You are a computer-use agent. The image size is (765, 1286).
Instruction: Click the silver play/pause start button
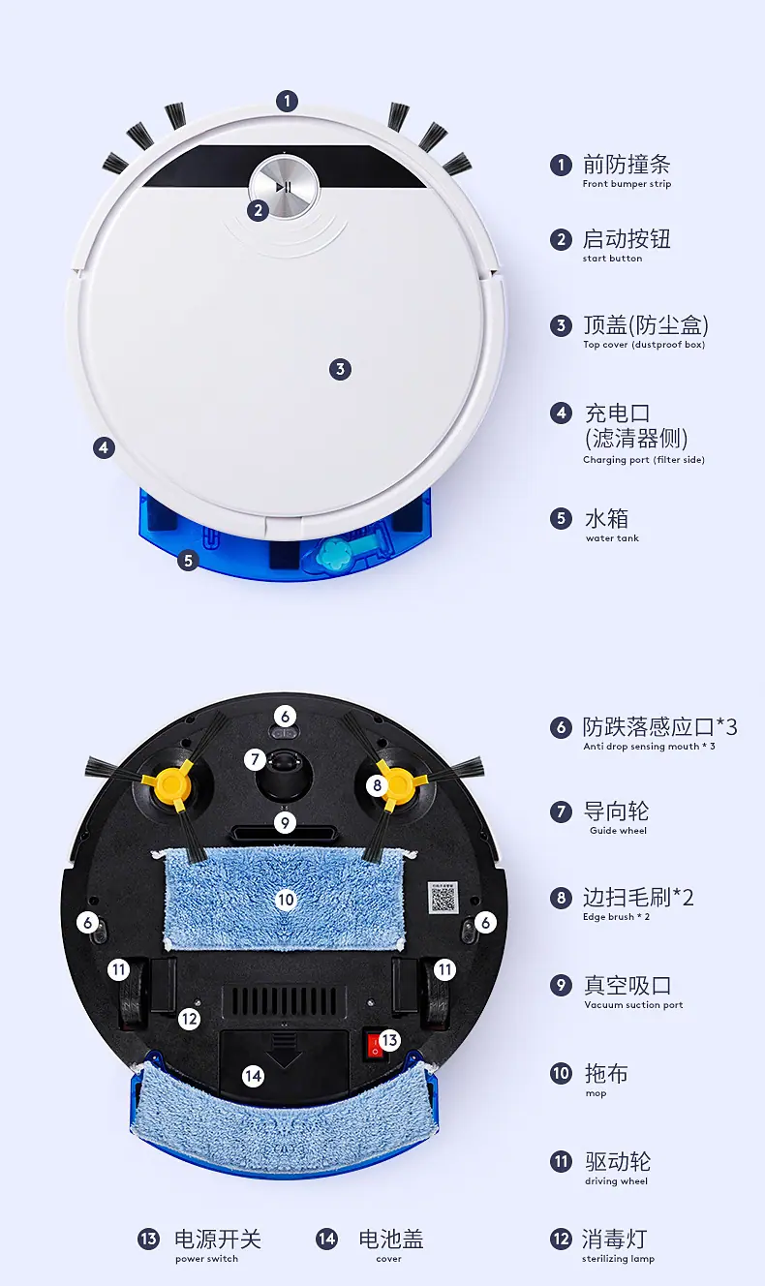coord(284,187)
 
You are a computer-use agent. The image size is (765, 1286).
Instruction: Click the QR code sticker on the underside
coord(444,898)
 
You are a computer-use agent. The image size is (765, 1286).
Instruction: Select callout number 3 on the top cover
coord(340,369)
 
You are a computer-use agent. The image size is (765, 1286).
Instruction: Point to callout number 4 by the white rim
coord(104,447)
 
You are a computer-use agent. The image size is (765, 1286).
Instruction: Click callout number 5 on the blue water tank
coord(188,561)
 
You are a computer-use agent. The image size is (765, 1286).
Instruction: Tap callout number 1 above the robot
coord(287,101)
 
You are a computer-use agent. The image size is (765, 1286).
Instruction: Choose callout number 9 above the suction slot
coord(285,823)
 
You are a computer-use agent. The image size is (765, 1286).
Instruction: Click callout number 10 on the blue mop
coord(286,900)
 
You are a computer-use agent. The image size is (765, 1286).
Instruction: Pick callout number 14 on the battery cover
coord(253,1076)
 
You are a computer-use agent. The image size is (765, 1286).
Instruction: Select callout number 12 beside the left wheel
coord(189,1019)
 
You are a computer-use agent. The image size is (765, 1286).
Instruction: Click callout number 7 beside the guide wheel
coord(255,760)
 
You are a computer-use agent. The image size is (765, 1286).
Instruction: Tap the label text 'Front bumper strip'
coord(627,184)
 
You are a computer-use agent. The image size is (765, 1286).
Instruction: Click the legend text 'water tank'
coord(612,538)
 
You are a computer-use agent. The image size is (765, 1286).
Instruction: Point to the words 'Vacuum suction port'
coord(633,1005)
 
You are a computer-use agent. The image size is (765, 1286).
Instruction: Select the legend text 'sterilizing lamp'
coord(618,1259)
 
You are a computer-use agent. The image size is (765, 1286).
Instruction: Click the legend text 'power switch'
coord(206,1259)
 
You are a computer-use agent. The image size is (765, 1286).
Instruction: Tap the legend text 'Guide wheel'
coord(618,830)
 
